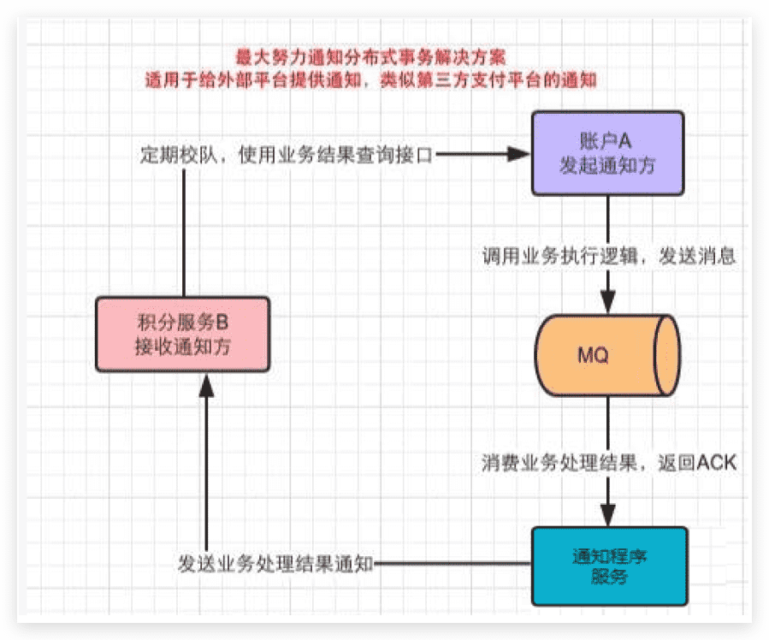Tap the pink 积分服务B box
(x=182, y=334)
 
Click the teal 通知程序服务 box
(x=608, y=566)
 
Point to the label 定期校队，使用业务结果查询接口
(x=287, y=155)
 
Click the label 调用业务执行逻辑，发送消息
(x=609, y=254)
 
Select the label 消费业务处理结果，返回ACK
(x=608, y=463)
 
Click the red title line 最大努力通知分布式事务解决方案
(x=371, y=59)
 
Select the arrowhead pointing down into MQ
(x=608, y=302)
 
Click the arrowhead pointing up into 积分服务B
(x=205, y=385)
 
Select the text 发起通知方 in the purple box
(x=608, y=166)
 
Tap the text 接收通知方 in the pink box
(x=182, y=347)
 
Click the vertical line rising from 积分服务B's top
(x=183, y=231)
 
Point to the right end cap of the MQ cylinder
(x=667, y=354)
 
